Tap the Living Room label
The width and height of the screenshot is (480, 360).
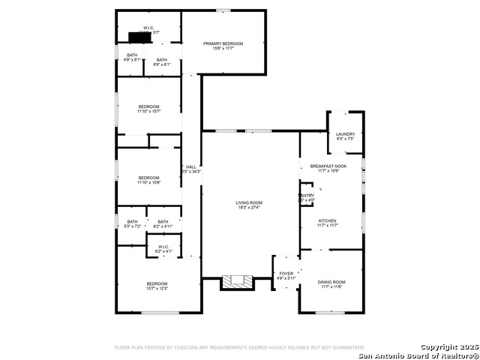249,205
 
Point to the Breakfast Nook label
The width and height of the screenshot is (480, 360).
329,168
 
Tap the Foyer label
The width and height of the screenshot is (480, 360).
286,276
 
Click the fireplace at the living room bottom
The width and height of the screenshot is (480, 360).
238,282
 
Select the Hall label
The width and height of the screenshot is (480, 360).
190,169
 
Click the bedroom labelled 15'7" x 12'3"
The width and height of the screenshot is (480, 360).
157,285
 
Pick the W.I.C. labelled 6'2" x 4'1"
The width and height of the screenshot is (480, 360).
163,248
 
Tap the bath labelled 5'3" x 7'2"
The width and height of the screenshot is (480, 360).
132,223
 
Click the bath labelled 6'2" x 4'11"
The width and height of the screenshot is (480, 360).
163,223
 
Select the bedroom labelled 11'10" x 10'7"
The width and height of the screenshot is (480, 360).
148,109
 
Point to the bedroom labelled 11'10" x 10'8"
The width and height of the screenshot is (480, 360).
148,180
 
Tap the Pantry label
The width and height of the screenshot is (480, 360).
307,198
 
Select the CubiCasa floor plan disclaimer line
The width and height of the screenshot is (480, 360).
239,347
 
